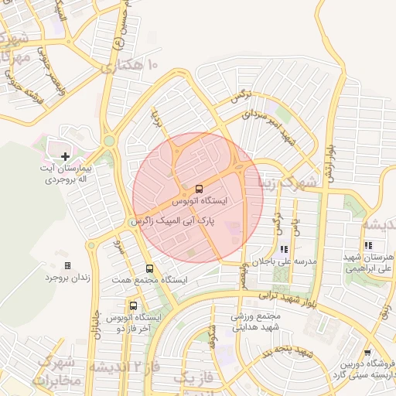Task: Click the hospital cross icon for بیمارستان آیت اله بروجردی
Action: click(x=65, y=157)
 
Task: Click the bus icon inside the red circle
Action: click(x=200, y=189)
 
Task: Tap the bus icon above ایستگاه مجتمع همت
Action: click(x=149, y=268)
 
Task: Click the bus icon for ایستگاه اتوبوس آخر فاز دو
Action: click(x=135, y=305)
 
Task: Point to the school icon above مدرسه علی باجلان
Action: click(x=284, y=249)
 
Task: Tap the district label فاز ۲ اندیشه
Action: click(x=124, y=366)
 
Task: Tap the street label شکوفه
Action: click(x=210, y=338)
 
